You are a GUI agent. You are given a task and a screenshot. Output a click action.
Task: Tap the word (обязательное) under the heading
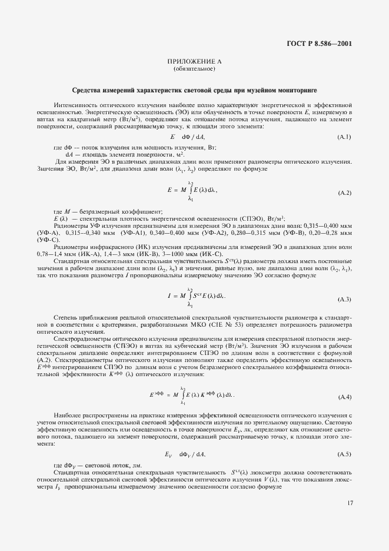tap(194, 69)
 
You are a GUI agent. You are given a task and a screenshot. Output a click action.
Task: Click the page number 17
tap(349, 502)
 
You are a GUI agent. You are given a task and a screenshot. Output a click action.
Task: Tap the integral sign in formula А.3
tap(190, 296)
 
